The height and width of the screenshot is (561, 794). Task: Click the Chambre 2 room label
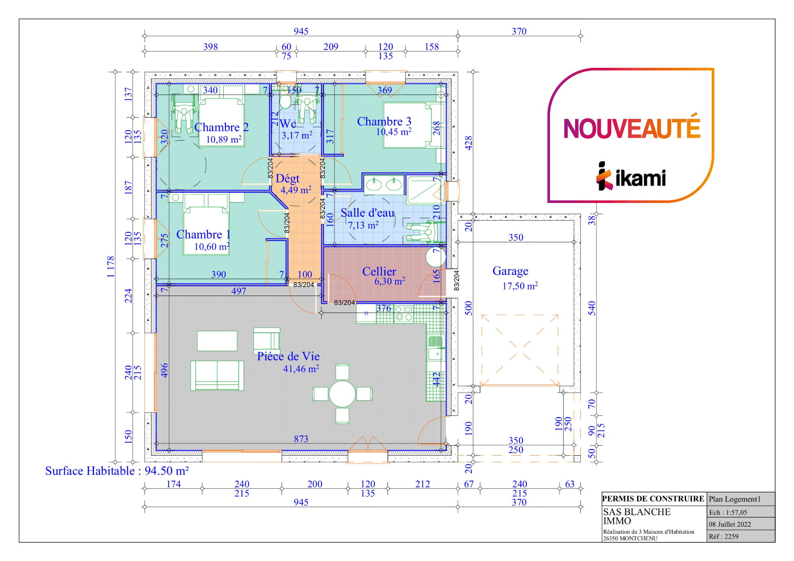[221, 127]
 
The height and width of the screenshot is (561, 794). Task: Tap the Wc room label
[288, 124]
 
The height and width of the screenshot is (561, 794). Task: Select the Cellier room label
[379, 271]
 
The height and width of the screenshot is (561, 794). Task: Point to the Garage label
[510, 271]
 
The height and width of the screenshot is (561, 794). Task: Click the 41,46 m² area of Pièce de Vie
[301, 368]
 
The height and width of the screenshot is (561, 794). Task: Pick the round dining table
[342, 394]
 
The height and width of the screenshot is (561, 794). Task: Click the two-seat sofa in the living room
[217, 375]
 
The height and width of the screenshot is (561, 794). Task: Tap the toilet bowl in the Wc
[285, 100]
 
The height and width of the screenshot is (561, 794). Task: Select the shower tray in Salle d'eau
[426, 190]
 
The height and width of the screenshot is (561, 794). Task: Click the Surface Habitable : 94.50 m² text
[117, 471]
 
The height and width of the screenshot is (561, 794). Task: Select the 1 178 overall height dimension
[110, 267]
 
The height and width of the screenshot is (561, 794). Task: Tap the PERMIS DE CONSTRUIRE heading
[653, 499]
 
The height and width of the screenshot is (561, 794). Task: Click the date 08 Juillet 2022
[730, 524]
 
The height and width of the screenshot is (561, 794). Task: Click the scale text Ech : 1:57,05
[728, 512]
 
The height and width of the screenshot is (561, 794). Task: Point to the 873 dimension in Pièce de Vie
[301, 439]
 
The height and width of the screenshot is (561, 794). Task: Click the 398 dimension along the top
[210, 46]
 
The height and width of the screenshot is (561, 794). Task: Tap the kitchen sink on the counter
[435, 354]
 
